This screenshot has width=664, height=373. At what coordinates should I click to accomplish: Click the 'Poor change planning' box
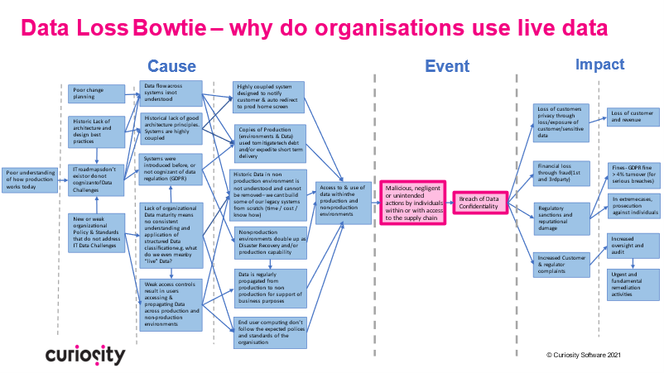click(96, 93)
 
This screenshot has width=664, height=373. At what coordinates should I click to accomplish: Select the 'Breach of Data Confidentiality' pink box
click(479, 202)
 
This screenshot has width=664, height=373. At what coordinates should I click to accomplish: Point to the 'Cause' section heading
click(171, 66)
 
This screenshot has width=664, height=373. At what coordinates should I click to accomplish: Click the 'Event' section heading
click(447, 66)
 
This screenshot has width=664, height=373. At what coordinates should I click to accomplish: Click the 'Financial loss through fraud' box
click(561, 173)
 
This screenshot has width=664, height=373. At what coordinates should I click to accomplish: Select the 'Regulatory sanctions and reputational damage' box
click(561, 217)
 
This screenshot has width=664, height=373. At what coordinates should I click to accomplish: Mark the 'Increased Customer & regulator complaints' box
click(561, 265)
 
